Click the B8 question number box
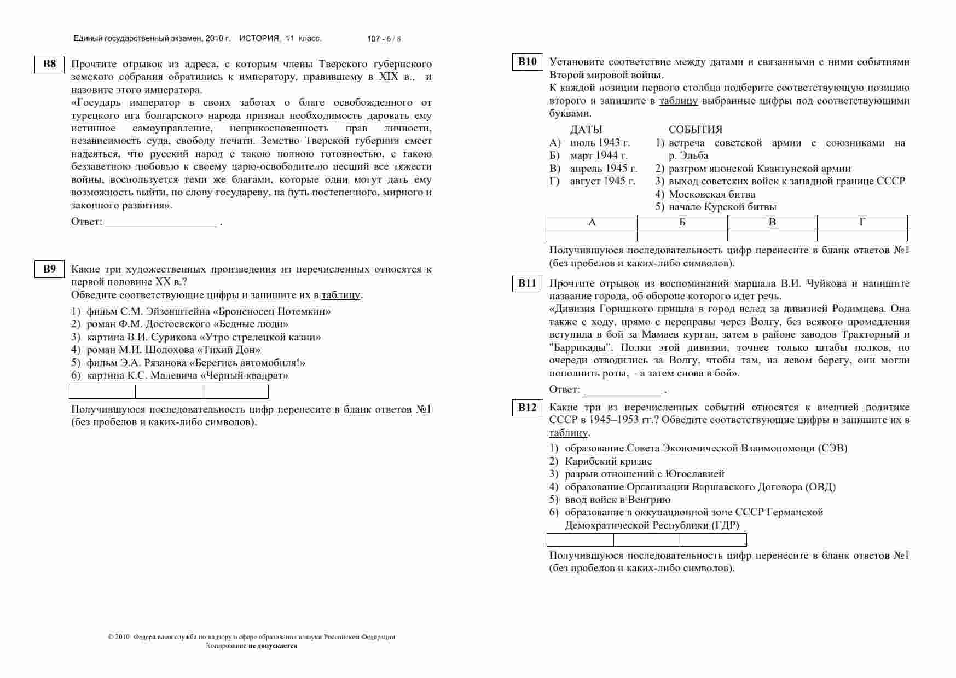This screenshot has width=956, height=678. (49, 64)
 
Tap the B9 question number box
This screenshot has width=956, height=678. (49, 269)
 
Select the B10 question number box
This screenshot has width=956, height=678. (527, 62)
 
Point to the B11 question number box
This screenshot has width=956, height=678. (527, 283)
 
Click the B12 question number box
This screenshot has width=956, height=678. (527, 408)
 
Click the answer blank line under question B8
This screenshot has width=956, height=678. (161, 223)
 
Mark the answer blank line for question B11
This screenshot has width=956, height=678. (622, 391)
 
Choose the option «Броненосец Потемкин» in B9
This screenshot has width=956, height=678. (208, 311)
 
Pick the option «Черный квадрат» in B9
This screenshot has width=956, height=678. (187, 375)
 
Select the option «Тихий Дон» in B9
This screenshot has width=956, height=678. (173, 350)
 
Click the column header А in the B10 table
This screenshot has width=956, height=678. (592, 222)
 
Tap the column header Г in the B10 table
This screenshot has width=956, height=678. (862, 222)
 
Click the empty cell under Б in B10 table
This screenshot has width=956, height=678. (682, 235)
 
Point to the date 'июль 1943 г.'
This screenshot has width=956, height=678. (600, 143)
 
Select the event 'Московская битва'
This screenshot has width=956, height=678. (711, 194)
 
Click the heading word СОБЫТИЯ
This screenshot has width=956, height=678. (695, 130)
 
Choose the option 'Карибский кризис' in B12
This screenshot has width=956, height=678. (608, 461)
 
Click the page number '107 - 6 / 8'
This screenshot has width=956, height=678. (384, 39)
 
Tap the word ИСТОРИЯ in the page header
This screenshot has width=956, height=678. (259, 38)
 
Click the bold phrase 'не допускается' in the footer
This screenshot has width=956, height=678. (273, 646)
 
